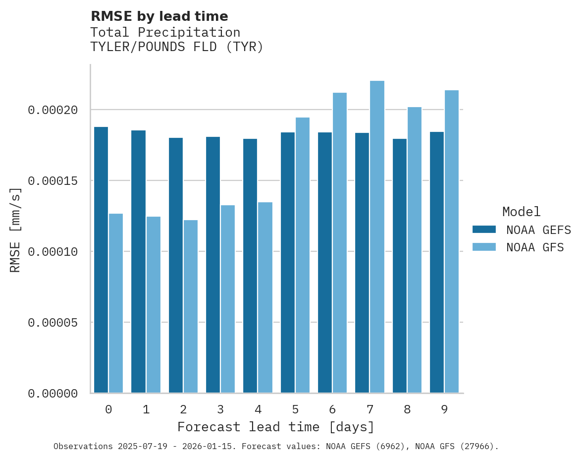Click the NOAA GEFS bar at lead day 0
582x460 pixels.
coord(101,260)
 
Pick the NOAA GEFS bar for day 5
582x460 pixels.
coord(288,263)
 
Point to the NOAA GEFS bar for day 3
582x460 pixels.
coord(213,265)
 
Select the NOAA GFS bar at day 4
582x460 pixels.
coord(265,297)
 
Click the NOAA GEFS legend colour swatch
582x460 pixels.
coord(484,230)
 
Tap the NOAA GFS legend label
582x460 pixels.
coord(535,247)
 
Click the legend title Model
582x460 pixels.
coord(521,212)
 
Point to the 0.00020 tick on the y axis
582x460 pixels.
coord(53,110)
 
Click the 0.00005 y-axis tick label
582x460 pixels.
coord(53,323)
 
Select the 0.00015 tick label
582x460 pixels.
coord(53,181)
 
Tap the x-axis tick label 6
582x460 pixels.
coord(332,409)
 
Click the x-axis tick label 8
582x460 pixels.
coord(407,409)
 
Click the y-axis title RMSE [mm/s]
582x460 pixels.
coord(15,230)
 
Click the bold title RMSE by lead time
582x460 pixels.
coord(159,16)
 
